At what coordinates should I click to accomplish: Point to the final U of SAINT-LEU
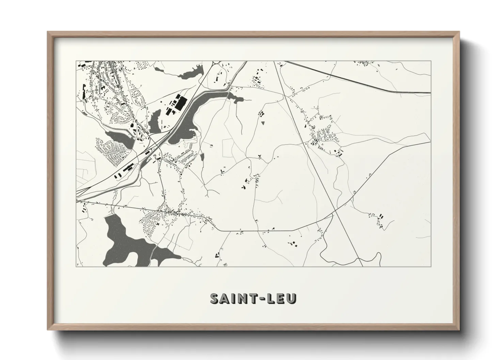coord(292,298)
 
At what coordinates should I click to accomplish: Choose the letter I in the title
coord(233,298)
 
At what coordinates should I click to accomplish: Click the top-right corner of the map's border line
coord(431,61)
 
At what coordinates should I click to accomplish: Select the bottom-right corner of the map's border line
coord(431,267)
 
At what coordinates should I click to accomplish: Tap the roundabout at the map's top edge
coord(213,63)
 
